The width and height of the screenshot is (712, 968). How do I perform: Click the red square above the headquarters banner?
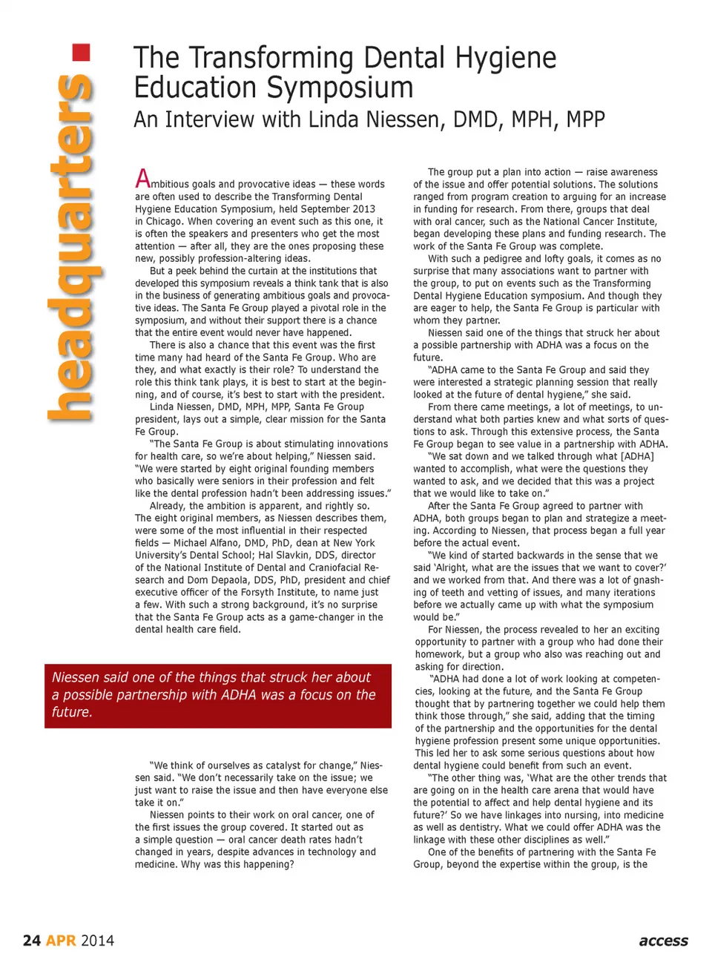point(81,53)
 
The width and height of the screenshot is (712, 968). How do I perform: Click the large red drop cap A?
point(142,179)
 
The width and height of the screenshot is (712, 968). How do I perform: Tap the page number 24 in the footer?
point(32,941)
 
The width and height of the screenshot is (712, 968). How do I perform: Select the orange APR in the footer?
point(61,941)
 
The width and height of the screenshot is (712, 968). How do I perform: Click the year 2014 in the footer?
point(97,941)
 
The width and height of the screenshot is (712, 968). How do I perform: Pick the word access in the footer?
point(663,941)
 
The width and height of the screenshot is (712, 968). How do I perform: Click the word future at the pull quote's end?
point(72,712)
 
